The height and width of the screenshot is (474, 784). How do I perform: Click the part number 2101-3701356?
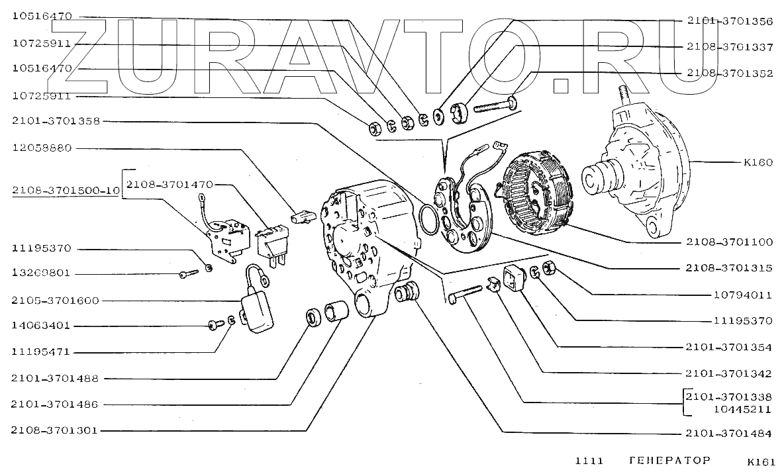pos(729,21)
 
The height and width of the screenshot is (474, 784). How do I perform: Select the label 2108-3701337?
pos(729,47)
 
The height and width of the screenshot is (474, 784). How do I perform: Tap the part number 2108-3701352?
pos(729,73)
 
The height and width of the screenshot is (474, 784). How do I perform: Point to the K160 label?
pos(758,162)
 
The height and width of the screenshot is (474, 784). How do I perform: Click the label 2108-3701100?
pos(729,242)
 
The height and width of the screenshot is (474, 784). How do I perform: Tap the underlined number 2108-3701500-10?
pos(65,191)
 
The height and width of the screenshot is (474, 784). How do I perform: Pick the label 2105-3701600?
pos(55,301)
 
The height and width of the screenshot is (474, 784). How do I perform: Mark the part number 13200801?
pos(41,273)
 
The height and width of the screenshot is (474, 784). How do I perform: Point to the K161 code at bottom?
pos(761,461)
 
